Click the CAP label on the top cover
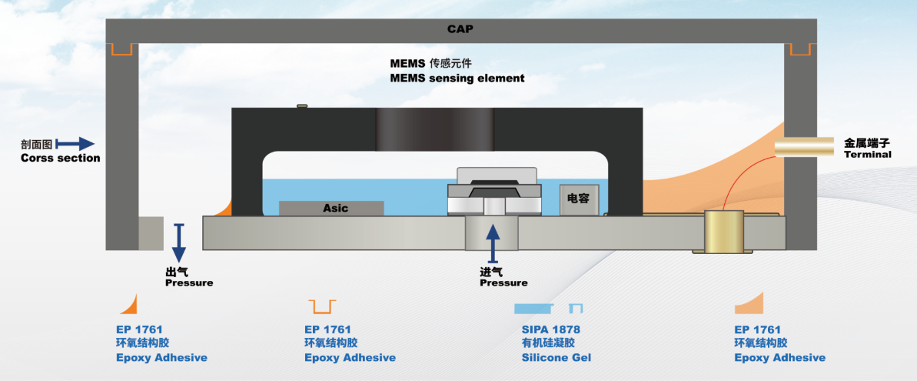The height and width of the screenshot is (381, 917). (x=460, y=29)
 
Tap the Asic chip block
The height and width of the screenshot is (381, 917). (x=331, y=208)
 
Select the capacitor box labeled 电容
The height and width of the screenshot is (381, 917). (x=577, y=199)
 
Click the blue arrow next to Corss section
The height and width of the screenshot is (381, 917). (x=75, y=143)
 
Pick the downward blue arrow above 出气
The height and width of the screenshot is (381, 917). (x=179, y=244)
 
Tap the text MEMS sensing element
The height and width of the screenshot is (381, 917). (x=457, y=78)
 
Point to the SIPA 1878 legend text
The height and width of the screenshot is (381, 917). (x=550, y=329)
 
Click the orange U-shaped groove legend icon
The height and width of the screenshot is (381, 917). (x=321, y=306)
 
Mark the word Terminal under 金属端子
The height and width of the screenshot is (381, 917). (x=867, y=155)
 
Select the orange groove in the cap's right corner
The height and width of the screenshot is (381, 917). (x=799, y=49)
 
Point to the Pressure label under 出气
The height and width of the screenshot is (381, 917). (x=188, y=282)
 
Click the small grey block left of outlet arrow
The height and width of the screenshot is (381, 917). (x=151, y=232)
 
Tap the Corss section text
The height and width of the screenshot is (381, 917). (x=60, y=158)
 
